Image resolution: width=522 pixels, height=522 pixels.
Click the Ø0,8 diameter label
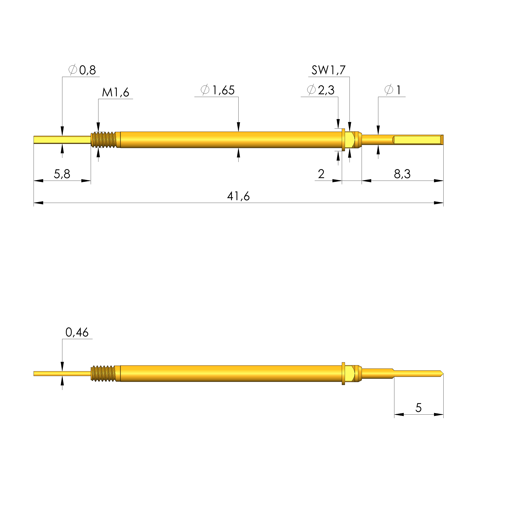point(82,70)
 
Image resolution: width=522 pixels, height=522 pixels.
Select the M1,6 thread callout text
point(115,92)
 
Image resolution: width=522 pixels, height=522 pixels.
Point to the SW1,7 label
point(328,70)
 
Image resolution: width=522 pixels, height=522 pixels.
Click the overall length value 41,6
point(238,196)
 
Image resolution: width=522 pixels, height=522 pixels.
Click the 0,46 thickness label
point(77,332)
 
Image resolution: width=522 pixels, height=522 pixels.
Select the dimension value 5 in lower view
point(418,408)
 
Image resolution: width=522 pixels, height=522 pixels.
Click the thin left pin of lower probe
point(62,374)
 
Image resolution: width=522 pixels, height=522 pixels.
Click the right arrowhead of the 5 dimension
point(439,414)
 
